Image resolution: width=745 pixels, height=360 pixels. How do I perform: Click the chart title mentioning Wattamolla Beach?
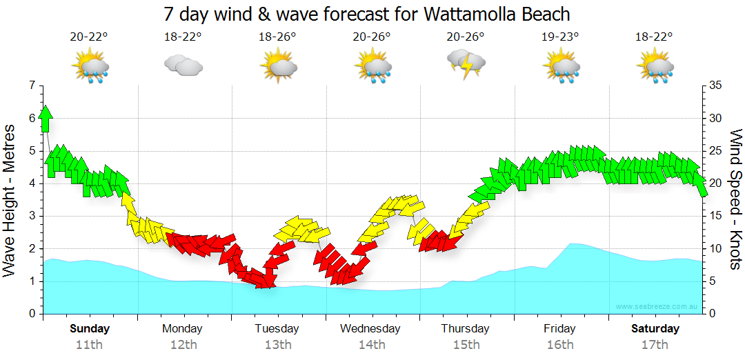(x=367, y=14)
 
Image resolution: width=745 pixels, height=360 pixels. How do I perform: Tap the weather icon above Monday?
(x=183, y=66)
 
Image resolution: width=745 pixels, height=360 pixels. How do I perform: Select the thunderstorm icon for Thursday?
(x=466, y=64)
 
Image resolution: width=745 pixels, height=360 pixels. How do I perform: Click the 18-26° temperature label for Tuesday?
(x=277, y=37)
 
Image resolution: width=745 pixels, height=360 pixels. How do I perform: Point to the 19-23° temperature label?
(x=560, y=37)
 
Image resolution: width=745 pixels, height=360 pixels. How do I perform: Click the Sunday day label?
(x=90, y=328)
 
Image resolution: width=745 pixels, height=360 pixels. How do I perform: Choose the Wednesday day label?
(x=370, y=328)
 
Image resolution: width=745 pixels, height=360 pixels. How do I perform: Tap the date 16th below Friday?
(x=560, y=345)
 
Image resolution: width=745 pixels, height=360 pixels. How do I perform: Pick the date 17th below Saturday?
(x=655, y=345)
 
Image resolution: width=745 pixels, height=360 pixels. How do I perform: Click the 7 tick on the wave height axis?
(x=31, y=86)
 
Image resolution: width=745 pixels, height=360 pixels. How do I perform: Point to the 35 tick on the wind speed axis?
(x=715, y=86)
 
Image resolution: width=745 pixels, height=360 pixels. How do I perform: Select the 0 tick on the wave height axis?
(x=31, y=314)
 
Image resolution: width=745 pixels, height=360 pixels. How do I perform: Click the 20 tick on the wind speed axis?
(x=715, y=183)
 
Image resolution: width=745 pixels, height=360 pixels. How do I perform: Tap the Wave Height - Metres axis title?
(x=10, y=200)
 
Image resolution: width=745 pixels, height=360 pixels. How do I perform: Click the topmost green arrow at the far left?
(x=46, y=118)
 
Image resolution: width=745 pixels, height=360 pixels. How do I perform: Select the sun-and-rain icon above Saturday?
(x=655, y=68)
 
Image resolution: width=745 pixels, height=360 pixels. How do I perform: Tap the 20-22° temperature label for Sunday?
(x=90, y=37)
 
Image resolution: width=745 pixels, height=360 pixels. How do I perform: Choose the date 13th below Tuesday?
(x=277, y=345)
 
